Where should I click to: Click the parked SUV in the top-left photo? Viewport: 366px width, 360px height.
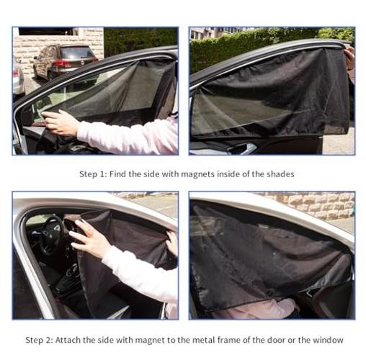[x=65, y=61]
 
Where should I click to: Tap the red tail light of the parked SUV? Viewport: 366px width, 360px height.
[x=63, y=64]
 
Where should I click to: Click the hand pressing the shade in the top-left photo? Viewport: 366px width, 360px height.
[x=60, y=122]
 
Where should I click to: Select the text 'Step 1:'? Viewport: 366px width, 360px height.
[x=93, y=174]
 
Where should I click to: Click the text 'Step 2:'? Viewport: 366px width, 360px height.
[x=39, y=340]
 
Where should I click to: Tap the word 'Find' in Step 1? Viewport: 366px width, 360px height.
[x=117, y=174]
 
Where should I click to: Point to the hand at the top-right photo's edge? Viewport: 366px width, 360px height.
[x=351, y=58]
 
